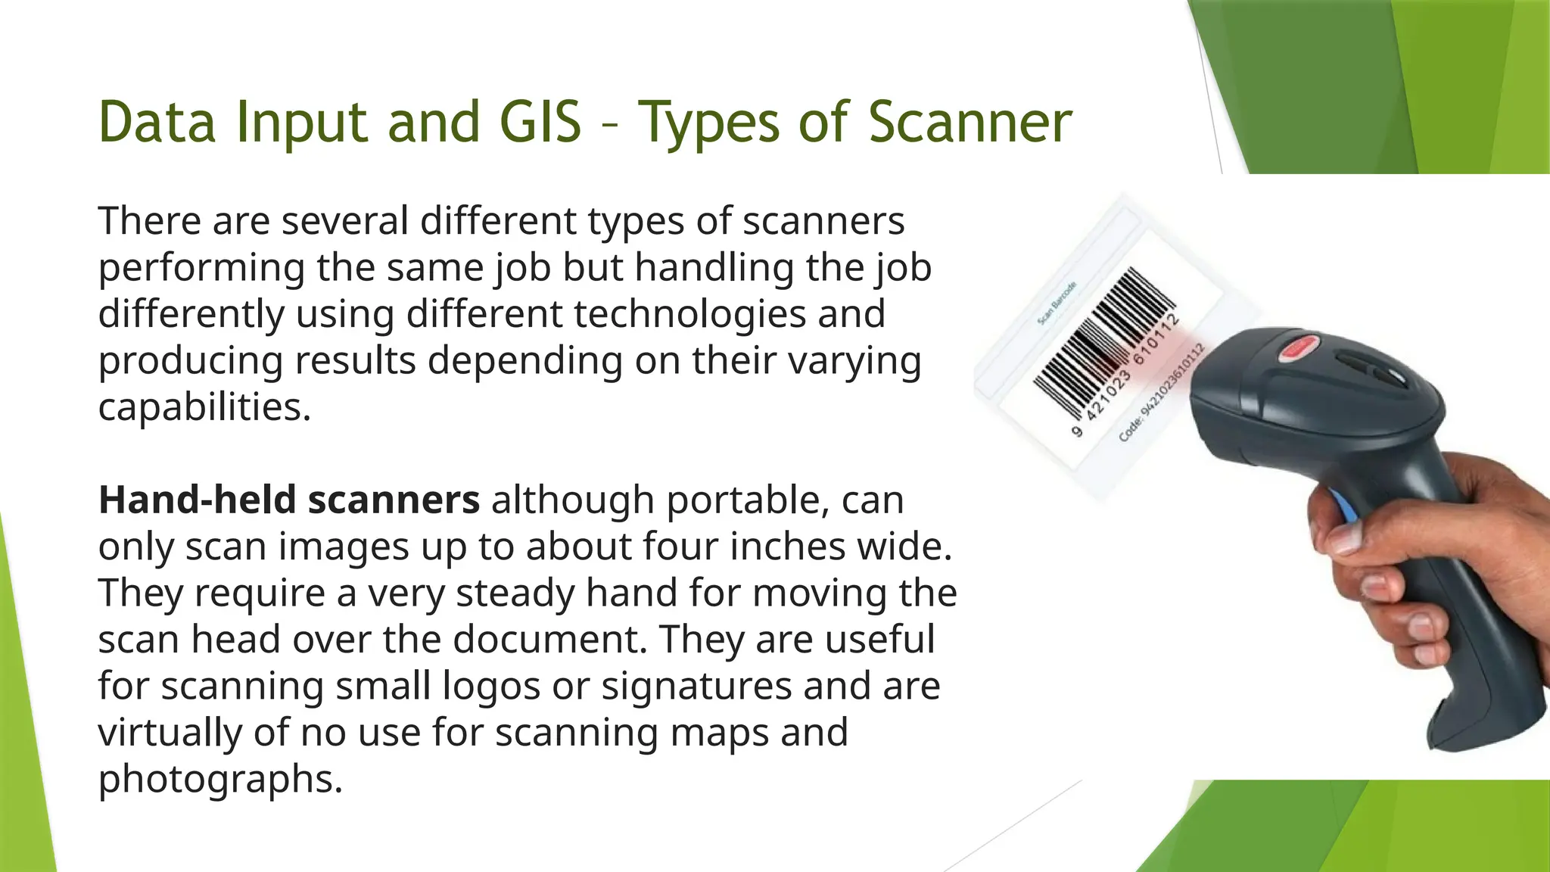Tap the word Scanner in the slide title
970,122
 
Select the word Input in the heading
301,123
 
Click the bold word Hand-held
197,500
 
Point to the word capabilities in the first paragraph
204,407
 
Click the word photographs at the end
220,779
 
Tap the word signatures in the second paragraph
696,686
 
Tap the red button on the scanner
1298,349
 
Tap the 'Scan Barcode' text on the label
1057,304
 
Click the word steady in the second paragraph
515,593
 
